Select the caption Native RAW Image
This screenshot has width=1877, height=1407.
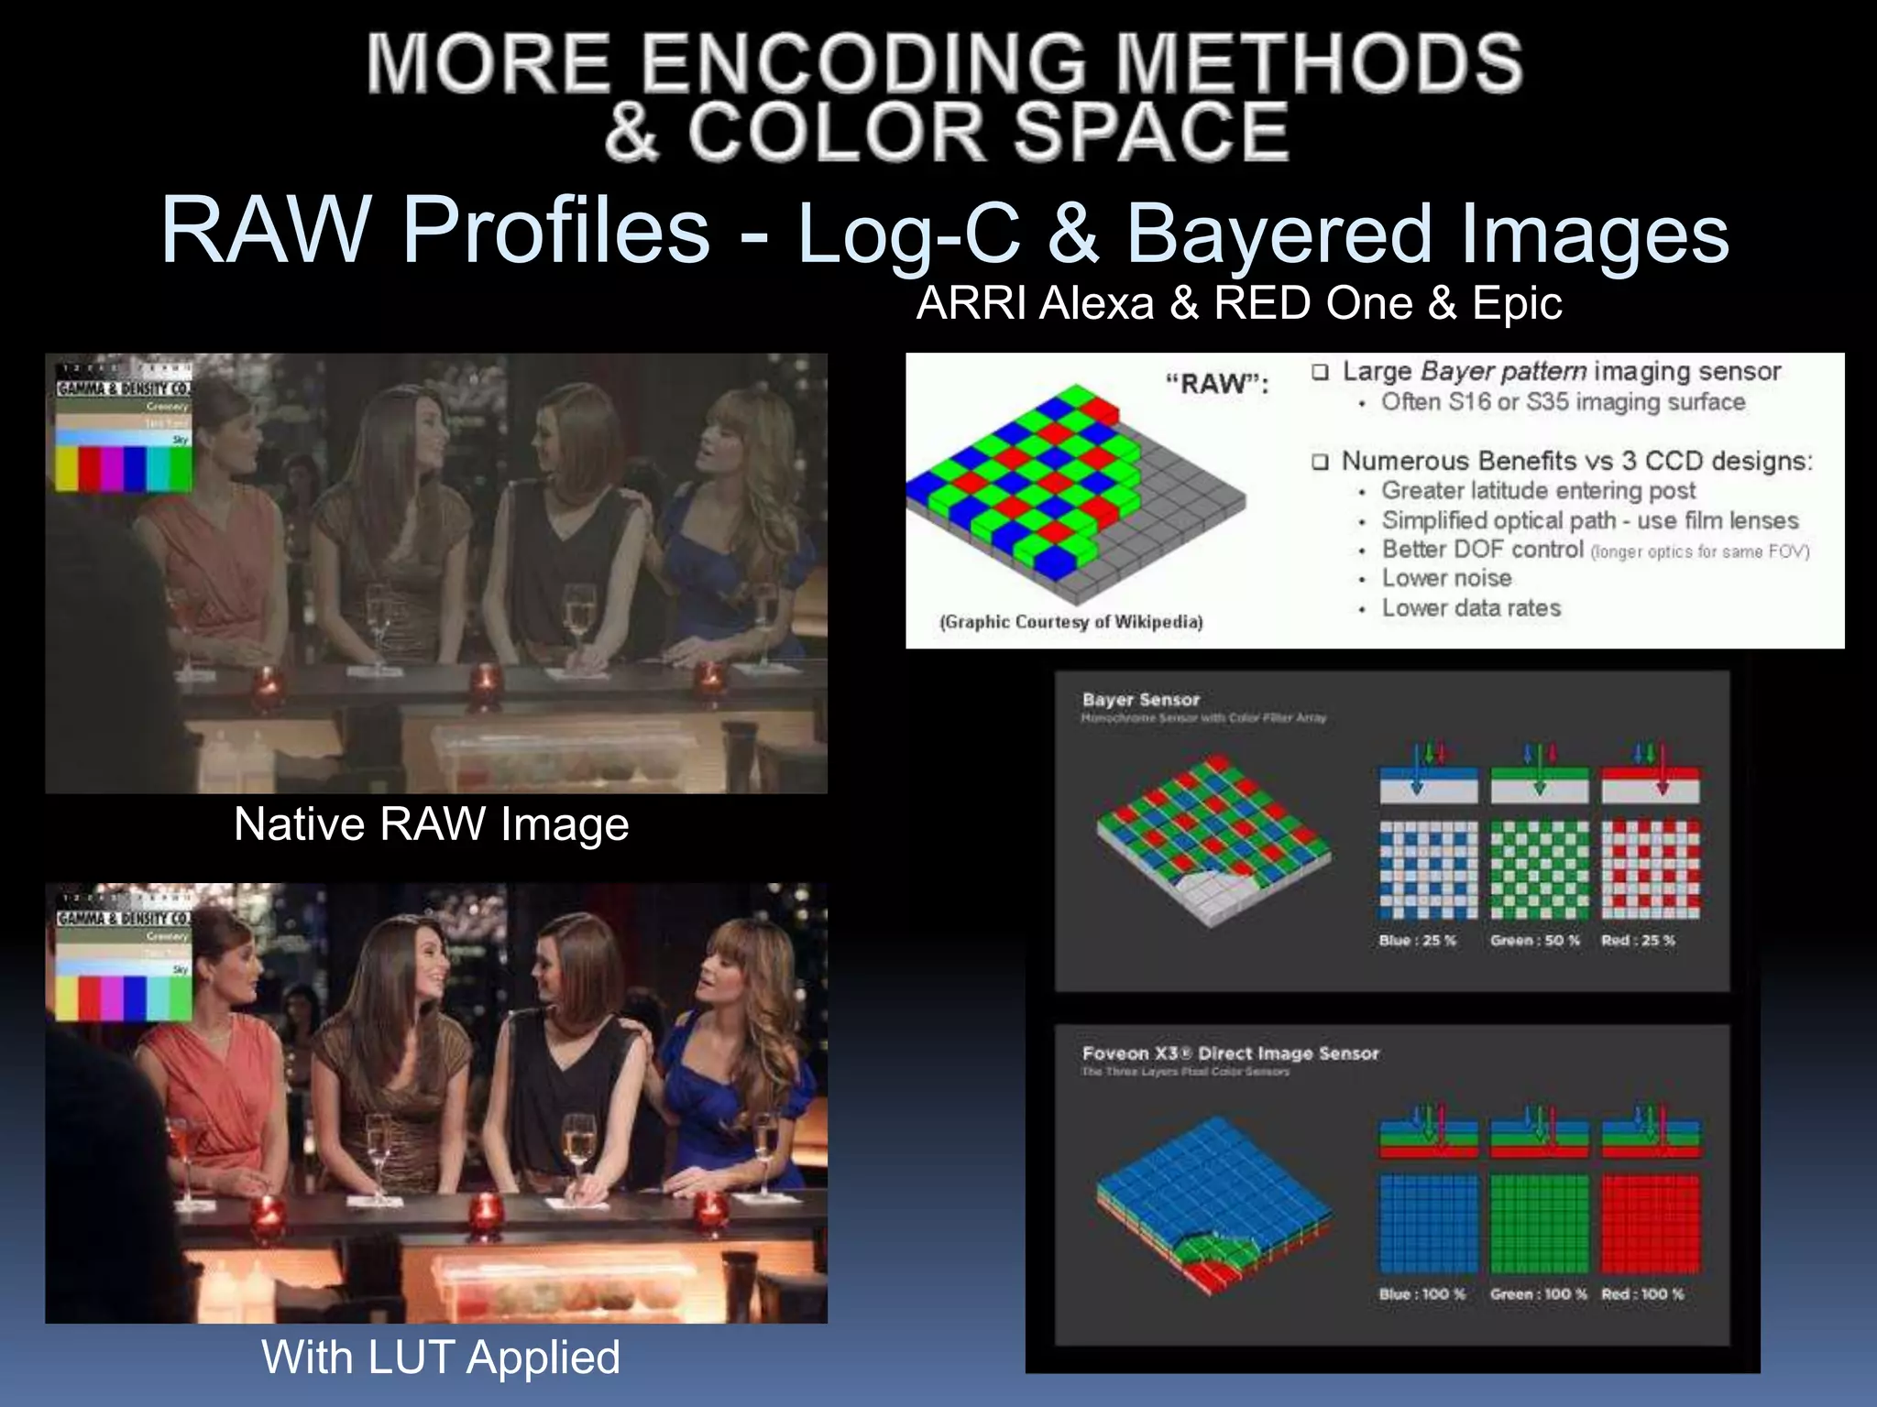point(431,823)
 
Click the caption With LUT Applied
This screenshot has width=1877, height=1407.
point(441,1357)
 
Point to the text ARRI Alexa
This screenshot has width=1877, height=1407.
point(1035,303)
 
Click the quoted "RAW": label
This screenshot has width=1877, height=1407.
point(1216,384)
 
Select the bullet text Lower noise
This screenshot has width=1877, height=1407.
point(1446,578)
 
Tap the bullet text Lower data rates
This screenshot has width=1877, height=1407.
point(1470,608)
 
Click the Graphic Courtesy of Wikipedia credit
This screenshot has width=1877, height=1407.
point(1070,622)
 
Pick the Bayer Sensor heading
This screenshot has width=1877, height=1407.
point(1140,700)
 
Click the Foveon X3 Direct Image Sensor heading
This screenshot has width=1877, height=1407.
point(1230,1053)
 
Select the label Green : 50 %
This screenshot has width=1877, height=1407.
point(1535,941)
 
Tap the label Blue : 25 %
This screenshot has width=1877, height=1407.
point(1417,941)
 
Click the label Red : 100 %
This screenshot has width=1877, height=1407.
point(1642,1294)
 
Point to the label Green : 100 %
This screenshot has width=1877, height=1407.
point(1538,1294)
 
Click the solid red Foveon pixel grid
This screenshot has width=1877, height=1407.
point(1651,1225)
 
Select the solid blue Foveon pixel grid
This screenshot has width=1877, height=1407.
point(1428,1225)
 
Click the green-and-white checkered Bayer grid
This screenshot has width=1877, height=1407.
point(1539,870)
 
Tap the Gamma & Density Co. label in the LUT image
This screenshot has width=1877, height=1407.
point(124,918)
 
